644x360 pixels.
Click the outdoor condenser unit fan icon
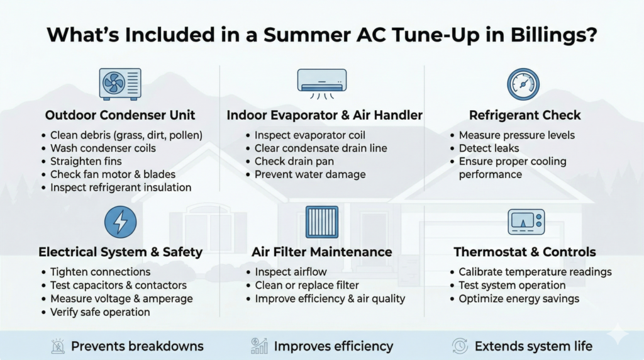point(120,84)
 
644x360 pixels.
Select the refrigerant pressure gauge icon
point(524,84)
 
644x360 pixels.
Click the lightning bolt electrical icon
point(120,222)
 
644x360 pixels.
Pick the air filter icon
point(321,222)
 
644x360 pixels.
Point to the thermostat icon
point(525,222)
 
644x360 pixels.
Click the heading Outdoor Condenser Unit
point(120,115)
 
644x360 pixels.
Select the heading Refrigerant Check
point(525,115)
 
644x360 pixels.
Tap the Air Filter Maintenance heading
point(323,252)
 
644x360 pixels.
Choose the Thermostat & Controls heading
point(525,252)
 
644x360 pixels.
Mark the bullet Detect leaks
point(489,148)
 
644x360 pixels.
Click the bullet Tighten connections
point(100,272)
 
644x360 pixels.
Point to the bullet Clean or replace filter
point(307,285)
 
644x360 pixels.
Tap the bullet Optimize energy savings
point(519,298)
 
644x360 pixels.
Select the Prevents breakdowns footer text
point(137,346)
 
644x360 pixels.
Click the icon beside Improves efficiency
point(258,346)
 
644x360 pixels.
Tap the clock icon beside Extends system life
point(460,346)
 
